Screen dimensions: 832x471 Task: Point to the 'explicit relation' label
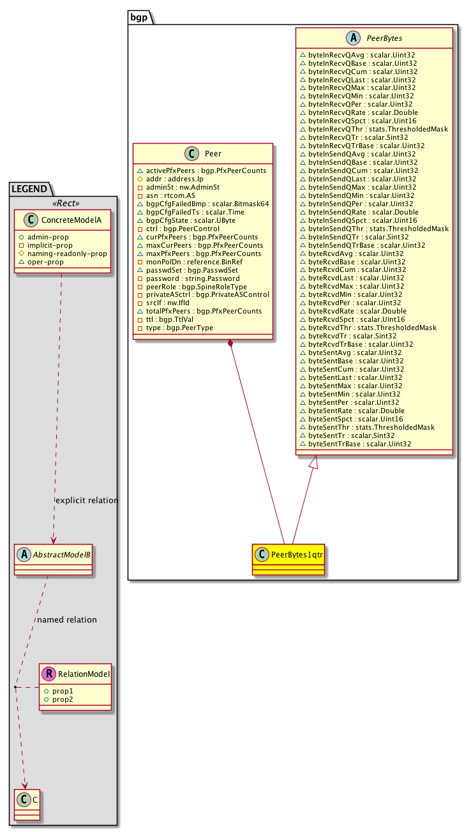point(87,500)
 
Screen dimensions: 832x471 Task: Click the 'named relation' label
point(67,619)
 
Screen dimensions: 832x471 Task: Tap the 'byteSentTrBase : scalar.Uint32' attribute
point(359,443)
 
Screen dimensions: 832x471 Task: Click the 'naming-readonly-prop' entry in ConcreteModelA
point(67,253)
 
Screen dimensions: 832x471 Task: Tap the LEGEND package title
point(29,188)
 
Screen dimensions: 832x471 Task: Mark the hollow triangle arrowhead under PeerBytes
point(313,464)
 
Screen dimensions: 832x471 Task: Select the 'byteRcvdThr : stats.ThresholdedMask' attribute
point(372,328)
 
